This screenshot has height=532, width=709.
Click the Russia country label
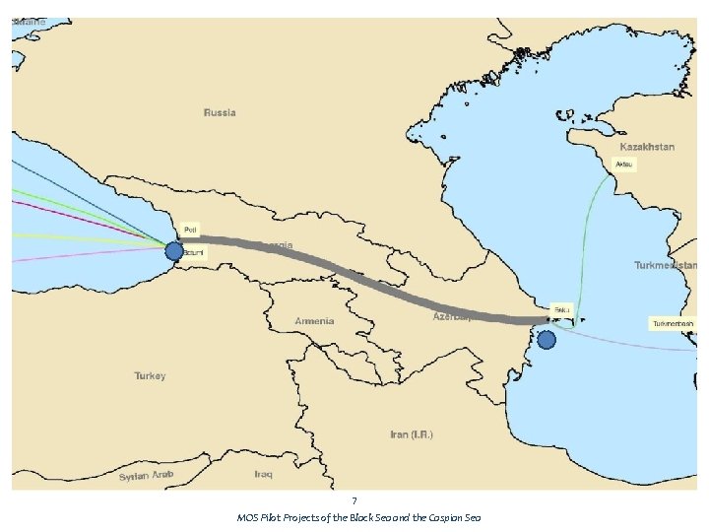[x=220, y=112]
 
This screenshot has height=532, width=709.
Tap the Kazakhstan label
[x=647, y=147]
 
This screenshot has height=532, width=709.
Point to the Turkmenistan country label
[x=666, y=265]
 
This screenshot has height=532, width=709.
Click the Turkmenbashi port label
[x=673, y=323]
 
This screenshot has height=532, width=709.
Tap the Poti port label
[x=190, y=230]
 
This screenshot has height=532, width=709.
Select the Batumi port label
[x=193, y=253]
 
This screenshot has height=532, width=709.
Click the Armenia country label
[x=314, y=321]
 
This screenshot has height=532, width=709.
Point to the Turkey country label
[x=150, y=375]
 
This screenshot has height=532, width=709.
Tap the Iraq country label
[x=263, y=474]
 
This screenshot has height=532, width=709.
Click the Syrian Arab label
[x=146, y=477]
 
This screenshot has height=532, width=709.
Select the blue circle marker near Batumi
[x=174, y=251]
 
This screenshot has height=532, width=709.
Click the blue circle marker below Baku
[x=547, y=340]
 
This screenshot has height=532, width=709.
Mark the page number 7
[x=354, y=501]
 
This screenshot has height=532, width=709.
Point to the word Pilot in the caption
[x=272, y=518]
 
